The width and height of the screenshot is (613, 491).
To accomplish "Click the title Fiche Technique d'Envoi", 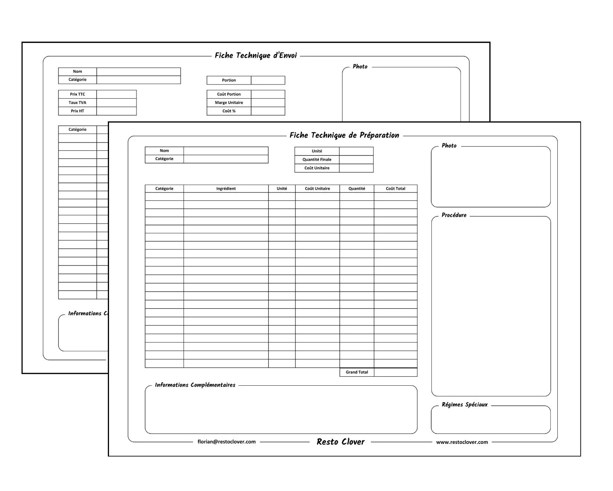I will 256,55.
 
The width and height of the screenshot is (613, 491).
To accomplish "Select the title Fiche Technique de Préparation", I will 344,135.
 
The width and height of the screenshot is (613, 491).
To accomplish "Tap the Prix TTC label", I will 77,94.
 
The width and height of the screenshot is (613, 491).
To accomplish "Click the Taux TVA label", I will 77,103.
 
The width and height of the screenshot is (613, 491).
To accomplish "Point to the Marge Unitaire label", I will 229,103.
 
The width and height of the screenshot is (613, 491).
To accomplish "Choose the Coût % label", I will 229,111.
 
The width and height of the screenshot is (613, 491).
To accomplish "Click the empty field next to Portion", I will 268,80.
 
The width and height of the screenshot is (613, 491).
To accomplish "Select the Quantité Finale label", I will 317,159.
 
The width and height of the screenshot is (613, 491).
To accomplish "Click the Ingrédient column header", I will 226,189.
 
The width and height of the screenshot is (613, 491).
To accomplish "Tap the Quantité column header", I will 357,189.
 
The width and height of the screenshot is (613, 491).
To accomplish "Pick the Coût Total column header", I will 395,189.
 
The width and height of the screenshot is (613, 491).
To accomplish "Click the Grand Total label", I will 357,372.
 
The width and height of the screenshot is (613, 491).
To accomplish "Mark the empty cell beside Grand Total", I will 395,372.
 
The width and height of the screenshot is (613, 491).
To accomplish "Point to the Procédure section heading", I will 454,215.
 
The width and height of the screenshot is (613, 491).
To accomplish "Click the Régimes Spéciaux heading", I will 464,405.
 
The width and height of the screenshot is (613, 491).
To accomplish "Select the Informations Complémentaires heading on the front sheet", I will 195,385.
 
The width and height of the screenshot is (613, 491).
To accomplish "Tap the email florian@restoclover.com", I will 226,442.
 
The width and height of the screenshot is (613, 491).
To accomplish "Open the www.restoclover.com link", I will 462,442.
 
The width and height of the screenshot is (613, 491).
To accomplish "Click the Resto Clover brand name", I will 340,442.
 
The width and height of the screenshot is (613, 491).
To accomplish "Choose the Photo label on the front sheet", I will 449,146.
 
